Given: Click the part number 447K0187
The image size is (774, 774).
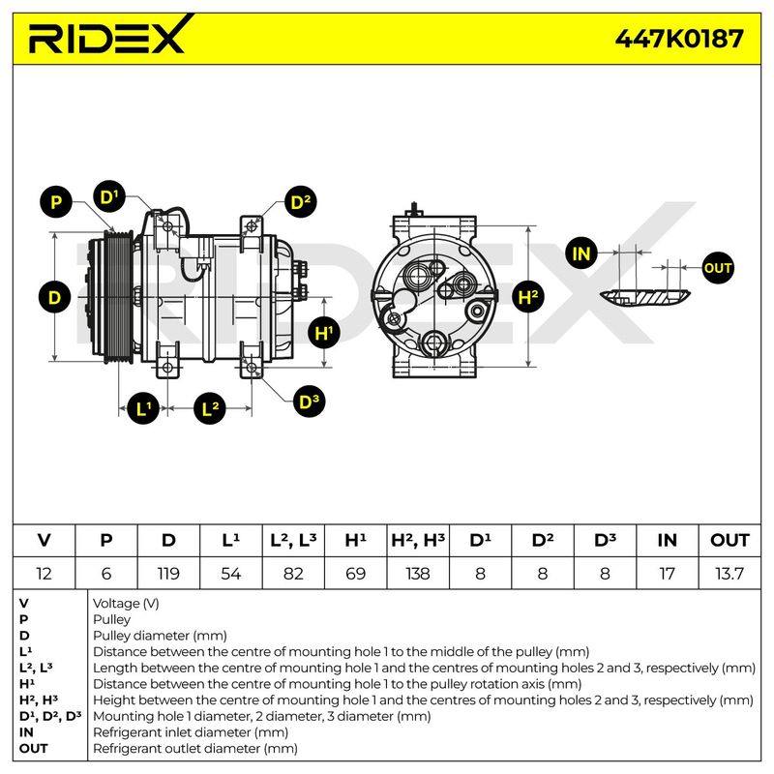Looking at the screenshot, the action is coord(679,39).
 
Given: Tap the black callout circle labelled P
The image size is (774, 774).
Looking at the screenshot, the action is coord(56,202).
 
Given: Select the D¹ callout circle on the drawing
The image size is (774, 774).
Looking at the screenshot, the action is coord(109,197).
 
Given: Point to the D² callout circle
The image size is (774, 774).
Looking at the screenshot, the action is coord(301,202).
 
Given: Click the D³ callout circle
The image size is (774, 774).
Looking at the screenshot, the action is coord(309,402).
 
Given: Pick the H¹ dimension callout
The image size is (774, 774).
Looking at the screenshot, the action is coord(323,333).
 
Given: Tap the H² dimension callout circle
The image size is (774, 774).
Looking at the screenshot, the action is coord(528,297).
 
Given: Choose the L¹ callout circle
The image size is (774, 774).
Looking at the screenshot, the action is coord(143,408).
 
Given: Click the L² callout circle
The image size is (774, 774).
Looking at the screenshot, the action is coord(210,408).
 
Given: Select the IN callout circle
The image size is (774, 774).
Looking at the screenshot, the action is coord(581,253).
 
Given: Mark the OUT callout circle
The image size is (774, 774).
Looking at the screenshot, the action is coord(718,268).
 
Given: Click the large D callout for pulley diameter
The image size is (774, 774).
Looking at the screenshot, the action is coord(55,298).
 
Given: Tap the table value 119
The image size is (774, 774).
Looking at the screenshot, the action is coord(168,574).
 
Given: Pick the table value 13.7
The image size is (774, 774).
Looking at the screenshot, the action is coord(729,574).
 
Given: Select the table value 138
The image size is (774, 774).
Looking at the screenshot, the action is coord(418,574).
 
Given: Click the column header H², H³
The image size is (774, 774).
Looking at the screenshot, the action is coord(418,540).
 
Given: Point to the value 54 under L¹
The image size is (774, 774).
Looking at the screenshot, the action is coord(231,574).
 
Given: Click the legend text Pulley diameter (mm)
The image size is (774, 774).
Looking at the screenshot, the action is coord(160,636).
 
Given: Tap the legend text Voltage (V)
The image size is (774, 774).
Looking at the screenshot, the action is coord(126,603).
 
